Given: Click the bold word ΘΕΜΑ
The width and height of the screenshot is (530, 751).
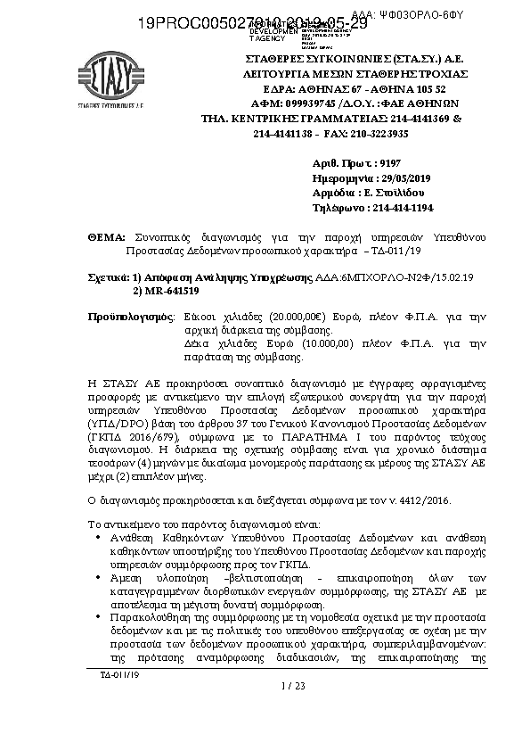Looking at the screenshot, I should [107, 239].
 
